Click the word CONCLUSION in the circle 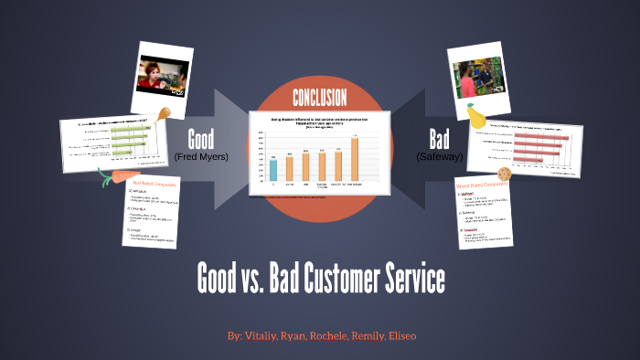tap(319, 98)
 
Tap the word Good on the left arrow tap(200, 140)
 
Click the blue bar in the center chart tap(273, 170)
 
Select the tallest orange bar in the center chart tap(354, 159)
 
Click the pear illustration tap(475, 116)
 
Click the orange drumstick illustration tap(164, 114)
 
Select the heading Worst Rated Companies tap(482, 186)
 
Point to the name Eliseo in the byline tap(399, 336)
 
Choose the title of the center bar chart tap(319, 122)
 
